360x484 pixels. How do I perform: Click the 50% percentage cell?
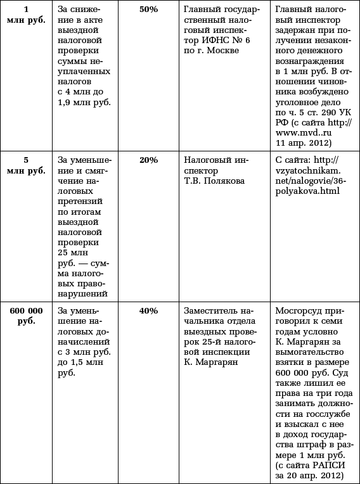[x=148, y=10]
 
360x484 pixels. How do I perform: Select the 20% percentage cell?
[x=148, y=160]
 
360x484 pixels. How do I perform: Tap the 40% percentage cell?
[x=148, y=311]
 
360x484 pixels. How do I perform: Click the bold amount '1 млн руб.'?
[x=26, y=15]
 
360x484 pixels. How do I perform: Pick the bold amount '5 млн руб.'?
[x=26, y=165]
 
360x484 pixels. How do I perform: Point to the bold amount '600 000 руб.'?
[x=26, y=316]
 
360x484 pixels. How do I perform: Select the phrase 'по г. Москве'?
[x=209, y=51]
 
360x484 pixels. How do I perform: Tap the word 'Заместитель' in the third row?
[x=210, y=311]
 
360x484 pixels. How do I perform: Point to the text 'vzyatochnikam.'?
[x=308, y=171]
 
